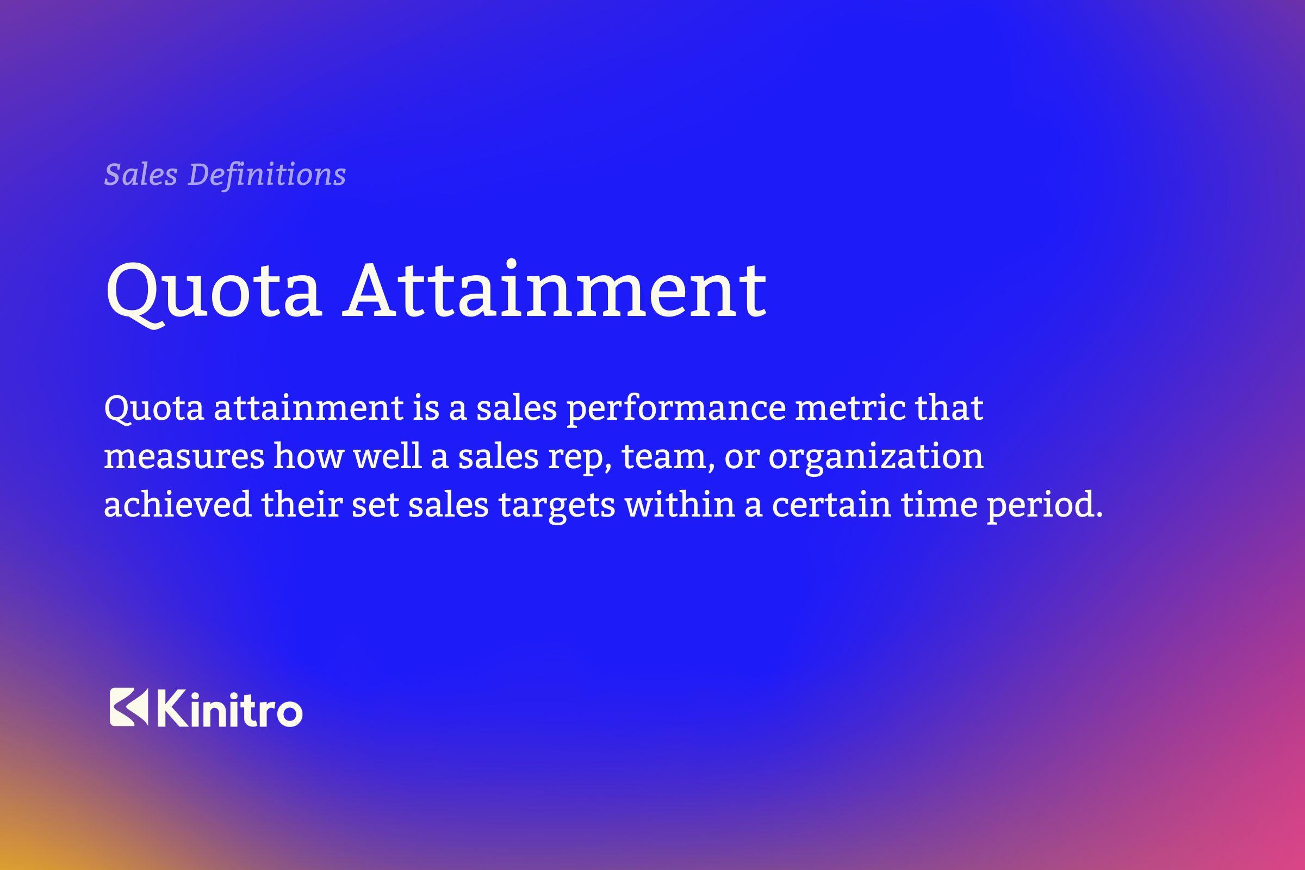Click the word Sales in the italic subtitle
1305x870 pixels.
140,174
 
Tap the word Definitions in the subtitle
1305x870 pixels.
267,174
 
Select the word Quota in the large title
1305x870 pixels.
213,291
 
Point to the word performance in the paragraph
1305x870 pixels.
676,409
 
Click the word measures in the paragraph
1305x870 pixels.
184,457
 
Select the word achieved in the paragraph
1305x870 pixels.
178,505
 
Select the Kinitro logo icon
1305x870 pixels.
129,707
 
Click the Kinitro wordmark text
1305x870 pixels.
230,708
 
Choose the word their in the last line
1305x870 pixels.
301,505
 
